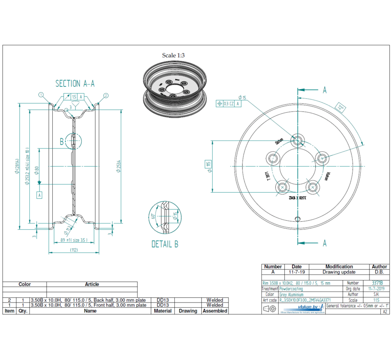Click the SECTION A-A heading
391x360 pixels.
(75, 83)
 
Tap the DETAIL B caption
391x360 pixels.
(165, 244)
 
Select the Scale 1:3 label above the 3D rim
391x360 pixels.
(173, 55)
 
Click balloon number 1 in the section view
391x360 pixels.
(41, 95)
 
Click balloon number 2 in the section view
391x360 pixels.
(106, 95)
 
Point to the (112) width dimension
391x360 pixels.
(73, 250)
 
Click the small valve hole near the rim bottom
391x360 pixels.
(298, 218)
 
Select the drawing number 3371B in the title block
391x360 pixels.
(377, 283)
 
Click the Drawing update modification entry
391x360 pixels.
(339, 272)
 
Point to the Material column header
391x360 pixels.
(163, 311)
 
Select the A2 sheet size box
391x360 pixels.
(384, 311)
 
